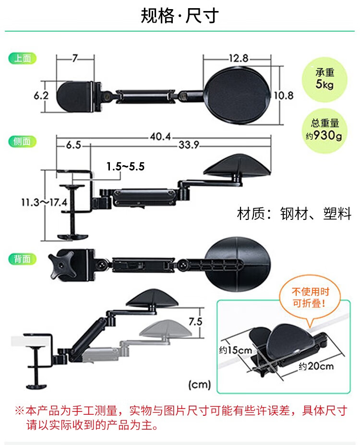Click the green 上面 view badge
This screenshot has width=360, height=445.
point(23,59)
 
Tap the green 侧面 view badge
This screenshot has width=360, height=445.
point(23,141)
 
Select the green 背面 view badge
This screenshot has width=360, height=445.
point(23,259)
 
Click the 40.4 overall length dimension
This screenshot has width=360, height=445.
point(161,136)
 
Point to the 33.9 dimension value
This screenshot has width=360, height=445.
point(189,145)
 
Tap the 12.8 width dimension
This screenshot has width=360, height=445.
point(239,58)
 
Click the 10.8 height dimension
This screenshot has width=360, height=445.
point(284,96)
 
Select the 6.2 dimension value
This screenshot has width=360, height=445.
point(41,96)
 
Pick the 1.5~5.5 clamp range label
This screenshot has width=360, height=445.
point(125,166)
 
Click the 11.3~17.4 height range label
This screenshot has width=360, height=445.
point(44,203)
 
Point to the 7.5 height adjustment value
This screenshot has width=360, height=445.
point(195,322)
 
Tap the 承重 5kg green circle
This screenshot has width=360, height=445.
point(324,80)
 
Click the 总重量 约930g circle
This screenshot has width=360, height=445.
point(324,131)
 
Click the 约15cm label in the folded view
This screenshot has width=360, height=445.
point(236,350)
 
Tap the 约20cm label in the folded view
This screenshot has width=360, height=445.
point(316,366)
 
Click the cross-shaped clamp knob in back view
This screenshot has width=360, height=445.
point(62,265)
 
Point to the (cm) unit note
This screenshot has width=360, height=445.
point(200,385)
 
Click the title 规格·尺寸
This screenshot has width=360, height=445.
point(180,15)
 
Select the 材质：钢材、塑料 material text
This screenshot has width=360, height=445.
point(294,214)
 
